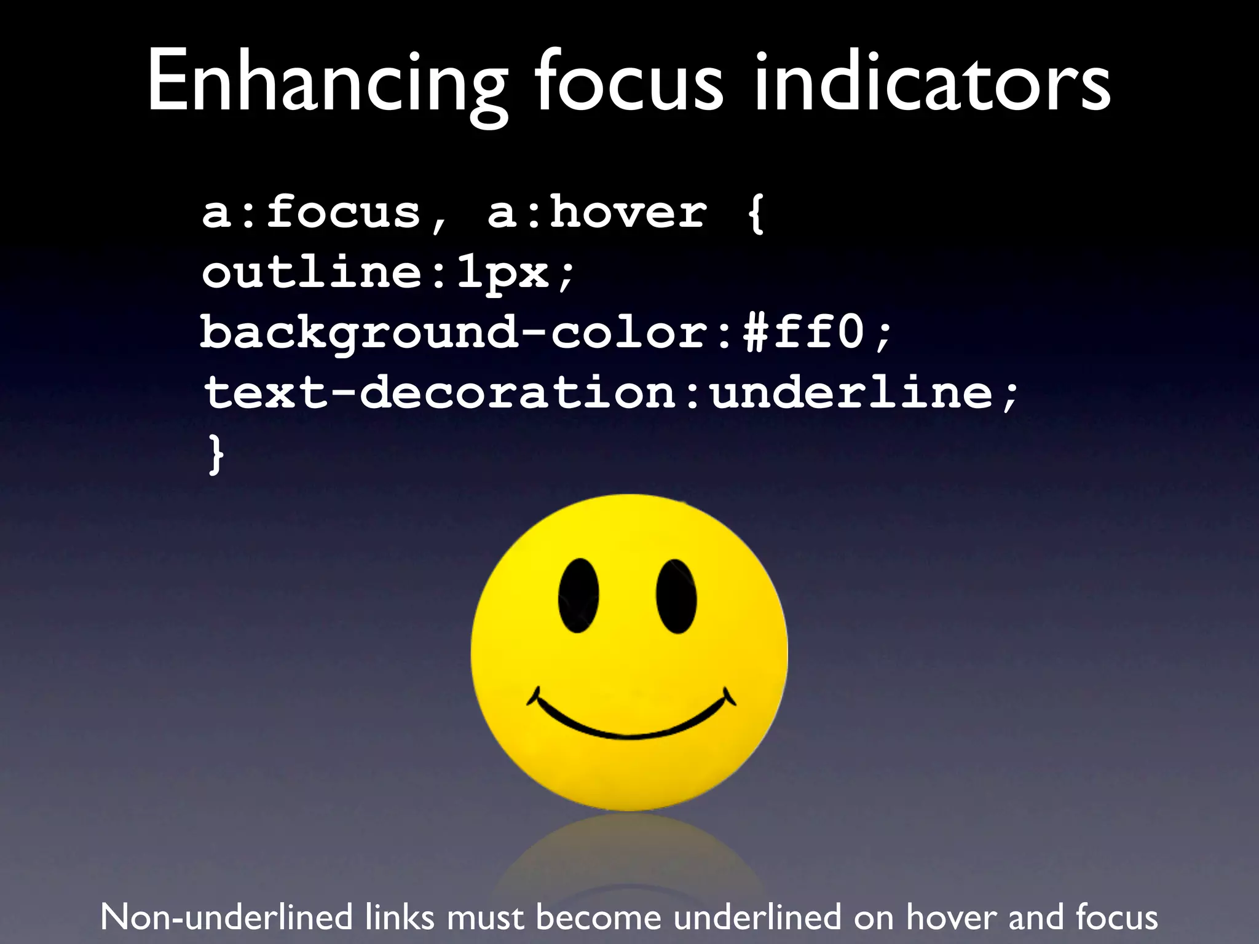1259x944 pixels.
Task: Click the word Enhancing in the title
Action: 326,83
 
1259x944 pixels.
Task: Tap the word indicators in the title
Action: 932,83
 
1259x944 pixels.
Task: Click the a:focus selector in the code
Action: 311,213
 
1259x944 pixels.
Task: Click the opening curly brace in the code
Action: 756,214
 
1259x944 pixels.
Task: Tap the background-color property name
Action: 455,332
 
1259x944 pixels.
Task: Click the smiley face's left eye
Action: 578,596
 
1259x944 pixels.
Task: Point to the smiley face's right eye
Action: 676,596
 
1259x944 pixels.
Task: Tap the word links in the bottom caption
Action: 400,917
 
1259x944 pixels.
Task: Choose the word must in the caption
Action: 486,917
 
